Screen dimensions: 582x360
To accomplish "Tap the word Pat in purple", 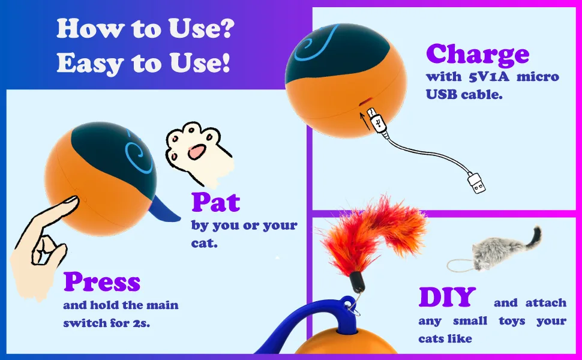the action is click(x=215, y=202).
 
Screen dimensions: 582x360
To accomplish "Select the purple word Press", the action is click(x=102, y=281).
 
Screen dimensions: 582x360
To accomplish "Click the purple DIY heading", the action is click(x=447, y=297).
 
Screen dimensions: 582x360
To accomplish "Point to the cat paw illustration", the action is click(x=197, y=152).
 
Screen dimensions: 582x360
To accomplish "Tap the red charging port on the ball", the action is click(x=367, y=101).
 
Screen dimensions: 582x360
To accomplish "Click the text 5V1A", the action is click(x=489, y=77).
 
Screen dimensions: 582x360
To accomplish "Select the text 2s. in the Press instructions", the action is click(x=142, y=323).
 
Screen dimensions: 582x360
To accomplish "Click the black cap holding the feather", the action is click(x=357, y=282).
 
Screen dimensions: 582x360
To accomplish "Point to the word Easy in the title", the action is click(x=90, y=63).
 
